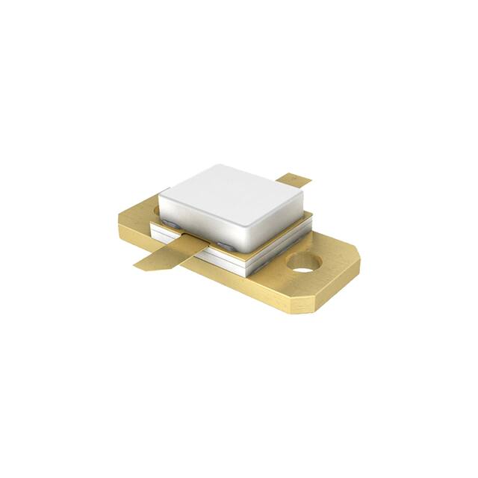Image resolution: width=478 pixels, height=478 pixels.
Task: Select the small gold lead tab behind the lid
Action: coord(293,179)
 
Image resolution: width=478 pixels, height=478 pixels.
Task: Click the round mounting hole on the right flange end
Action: coord(303,261)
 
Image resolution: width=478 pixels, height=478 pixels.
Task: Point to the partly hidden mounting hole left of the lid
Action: coord(155,211)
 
